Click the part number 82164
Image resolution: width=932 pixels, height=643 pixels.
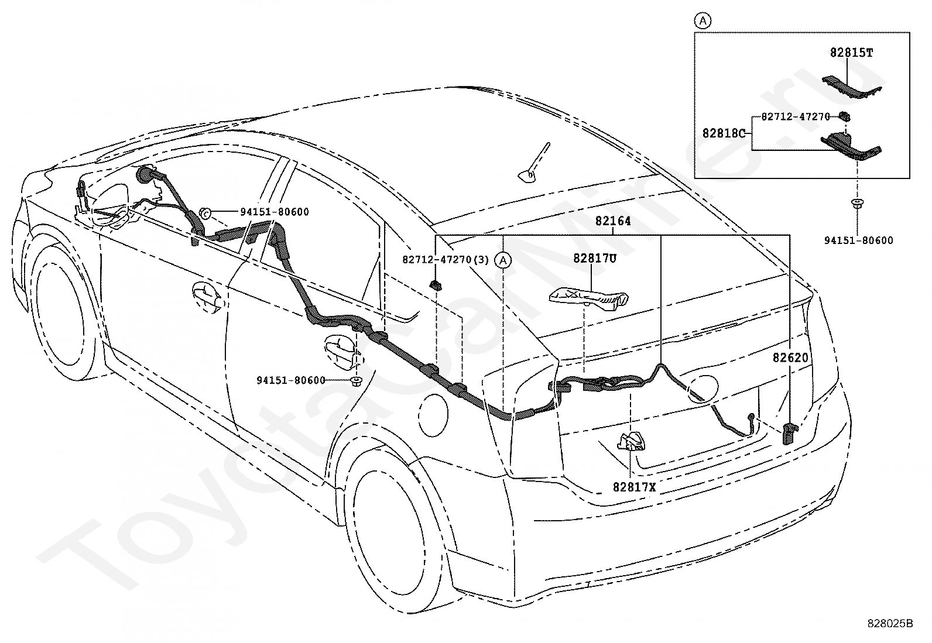point(613,221)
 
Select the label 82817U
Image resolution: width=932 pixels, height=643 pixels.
point(595,258)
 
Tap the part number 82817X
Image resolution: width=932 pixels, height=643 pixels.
point(634,487)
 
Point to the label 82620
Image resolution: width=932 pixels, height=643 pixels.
point(790,357)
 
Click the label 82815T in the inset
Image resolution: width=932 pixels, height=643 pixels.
point(851,53)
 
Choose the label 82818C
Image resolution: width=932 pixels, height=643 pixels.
point(724,133)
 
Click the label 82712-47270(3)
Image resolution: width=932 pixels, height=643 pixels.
point(445,260)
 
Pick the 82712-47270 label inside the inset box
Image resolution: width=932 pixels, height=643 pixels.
point(796,117)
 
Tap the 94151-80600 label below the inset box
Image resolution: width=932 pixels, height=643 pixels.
point(859,240)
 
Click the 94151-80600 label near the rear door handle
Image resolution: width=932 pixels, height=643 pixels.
point(291,380)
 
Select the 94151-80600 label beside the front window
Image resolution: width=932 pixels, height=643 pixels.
point(275,212)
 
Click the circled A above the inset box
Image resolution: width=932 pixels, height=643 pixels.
point(703,20)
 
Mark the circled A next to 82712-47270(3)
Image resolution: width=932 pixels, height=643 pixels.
point(503,260)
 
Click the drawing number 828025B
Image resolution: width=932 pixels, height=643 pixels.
point(890,624)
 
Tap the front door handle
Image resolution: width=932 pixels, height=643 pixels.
point(207,296)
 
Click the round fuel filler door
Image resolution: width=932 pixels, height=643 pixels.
point(434,414)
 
